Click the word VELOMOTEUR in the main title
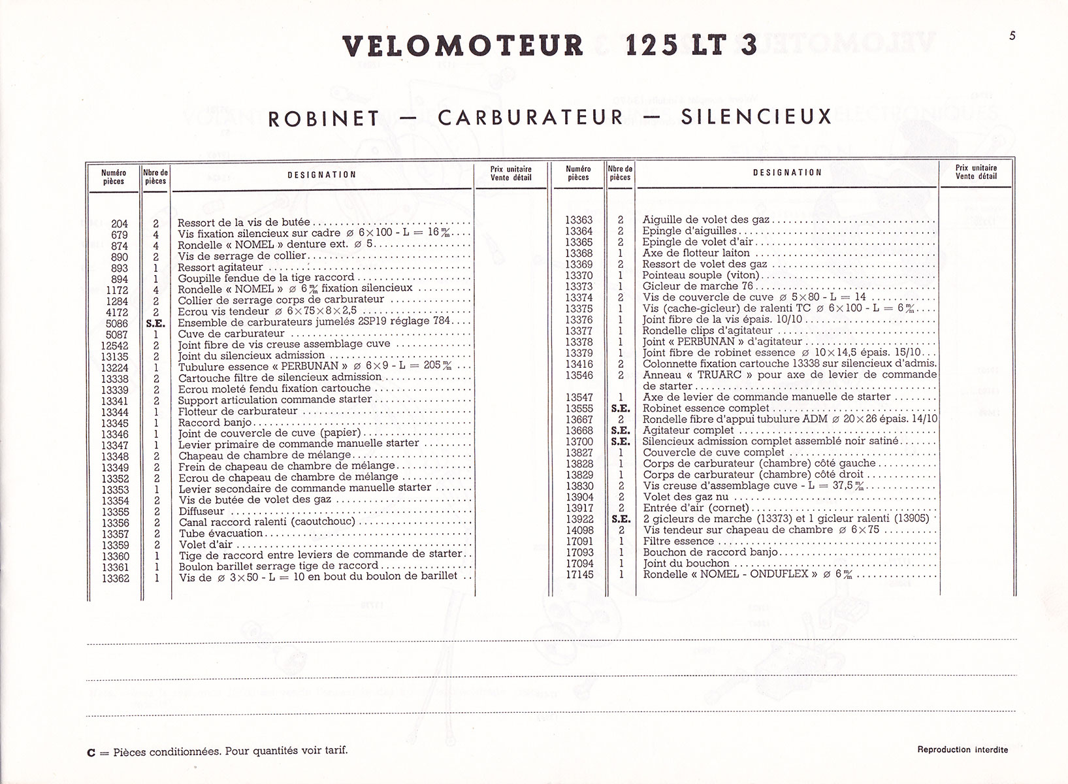(463, 46)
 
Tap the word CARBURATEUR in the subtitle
(531, 118)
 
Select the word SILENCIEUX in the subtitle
(756, 118)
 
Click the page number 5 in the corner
(1012, 36)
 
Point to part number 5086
(117, 323)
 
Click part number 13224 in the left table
(114, 368)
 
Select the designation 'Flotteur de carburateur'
(238, 411)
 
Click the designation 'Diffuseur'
(201, 512)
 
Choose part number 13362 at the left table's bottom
(115, 578)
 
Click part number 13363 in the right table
(579, 220)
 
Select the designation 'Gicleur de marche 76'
(698, 286)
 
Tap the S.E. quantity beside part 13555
(620, 408)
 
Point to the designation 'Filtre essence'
(679, 541)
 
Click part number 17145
(579, 574)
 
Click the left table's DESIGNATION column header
(322, 175)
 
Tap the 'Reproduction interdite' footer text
(962, 749)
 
